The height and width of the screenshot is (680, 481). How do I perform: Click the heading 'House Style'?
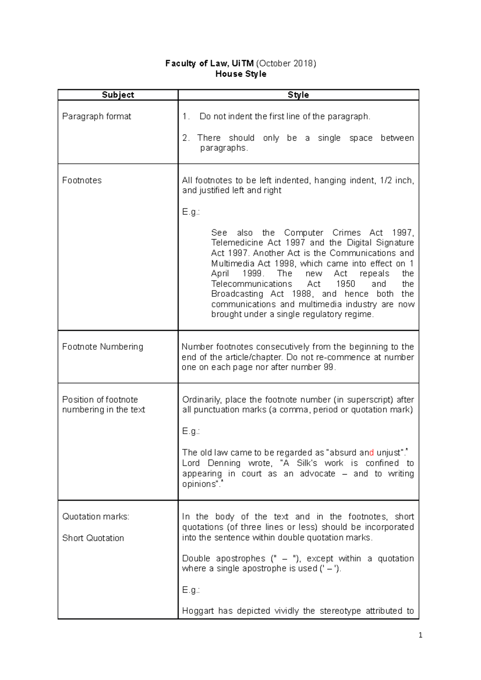[x=240, y=74]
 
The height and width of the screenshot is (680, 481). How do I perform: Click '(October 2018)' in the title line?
[x=286, y=63]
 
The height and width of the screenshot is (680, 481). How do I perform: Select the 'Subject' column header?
[x=118, y=95]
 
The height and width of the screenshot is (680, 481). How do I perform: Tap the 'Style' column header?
[x=298, y=95]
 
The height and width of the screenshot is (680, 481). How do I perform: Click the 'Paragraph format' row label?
[x=97, y=117]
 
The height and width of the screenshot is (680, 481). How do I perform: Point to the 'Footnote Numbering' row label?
[x=103, y=347]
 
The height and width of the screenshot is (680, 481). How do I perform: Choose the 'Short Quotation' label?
[x=93, y=538]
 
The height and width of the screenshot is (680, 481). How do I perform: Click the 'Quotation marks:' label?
[x=96, y=517]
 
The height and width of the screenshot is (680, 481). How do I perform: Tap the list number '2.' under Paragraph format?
[x=186, y=138]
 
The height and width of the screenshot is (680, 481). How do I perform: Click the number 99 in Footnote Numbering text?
[x=328, y=367]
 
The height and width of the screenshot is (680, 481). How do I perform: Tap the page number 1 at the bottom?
[x=420, y=635]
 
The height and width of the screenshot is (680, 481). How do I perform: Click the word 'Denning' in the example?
[x=224, y=463]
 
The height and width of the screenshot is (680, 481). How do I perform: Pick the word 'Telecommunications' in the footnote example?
[x=251, y=284]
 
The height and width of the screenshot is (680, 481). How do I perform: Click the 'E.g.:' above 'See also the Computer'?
[x=191, y=212]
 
